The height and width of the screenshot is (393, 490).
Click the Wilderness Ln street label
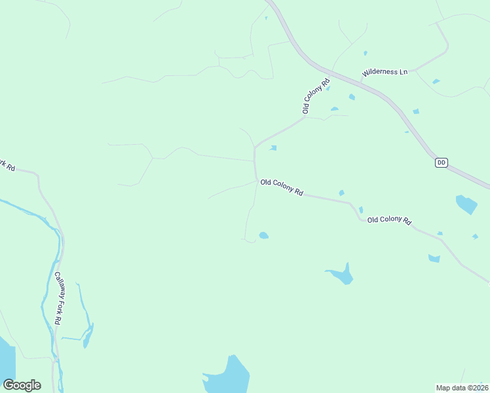click(385, 71)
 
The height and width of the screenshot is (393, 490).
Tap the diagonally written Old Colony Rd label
click(315, 96)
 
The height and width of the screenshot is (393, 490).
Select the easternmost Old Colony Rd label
click(389, 221)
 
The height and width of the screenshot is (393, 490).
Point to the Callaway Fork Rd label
click(58, 298)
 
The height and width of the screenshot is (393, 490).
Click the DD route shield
click(441, 162)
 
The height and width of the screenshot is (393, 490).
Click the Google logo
click(22, 385)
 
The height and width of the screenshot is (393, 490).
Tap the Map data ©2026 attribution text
click(461, 387)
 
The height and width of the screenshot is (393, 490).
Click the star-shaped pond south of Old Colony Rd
click(341, 274)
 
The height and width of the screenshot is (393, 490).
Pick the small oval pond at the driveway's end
click(263, 235)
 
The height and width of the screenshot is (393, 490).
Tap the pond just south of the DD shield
click(466, 204)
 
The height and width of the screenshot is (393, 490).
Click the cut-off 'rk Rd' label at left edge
click(7, 165)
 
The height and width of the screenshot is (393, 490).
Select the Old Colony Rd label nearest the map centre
click(282, 187)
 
